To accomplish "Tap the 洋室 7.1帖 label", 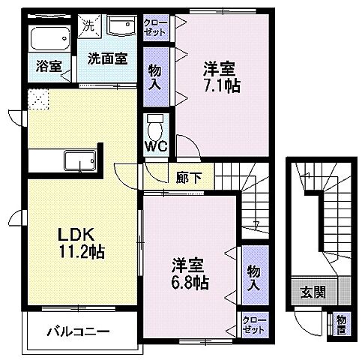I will coord(220,77).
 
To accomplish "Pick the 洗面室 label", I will coord(107,58).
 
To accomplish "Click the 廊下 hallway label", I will coord(185,178).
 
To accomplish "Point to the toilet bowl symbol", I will coord(154,123).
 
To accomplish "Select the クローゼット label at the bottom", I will coord(253,325).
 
